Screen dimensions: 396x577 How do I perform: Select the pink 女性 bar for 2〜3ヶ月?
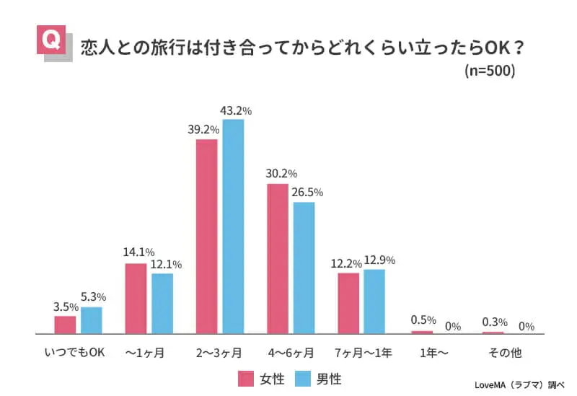(x=206, y=236)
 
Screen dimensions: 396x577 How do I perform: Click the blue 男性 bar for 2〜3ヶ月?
(x=233, y=226)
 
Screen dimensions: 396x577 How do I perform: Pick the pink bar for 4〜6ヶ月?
(x=278, y=258)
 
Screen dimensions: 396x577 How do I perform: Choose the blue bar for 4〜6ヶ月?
(x=304, y=268)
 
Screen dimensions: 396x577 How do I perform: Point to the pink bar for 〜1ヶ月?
(x=136, y=298)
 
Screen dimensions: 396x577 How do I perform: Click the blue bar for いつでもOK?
(x=92, y=320)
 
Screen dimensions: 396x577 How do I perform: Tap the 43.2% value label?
(x=236, y=111)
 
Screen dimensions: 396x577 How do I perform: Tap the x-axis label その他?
(x=506, y=353)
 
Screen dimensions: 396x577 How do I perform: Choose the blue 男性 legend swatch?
(x=304, y=379)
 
